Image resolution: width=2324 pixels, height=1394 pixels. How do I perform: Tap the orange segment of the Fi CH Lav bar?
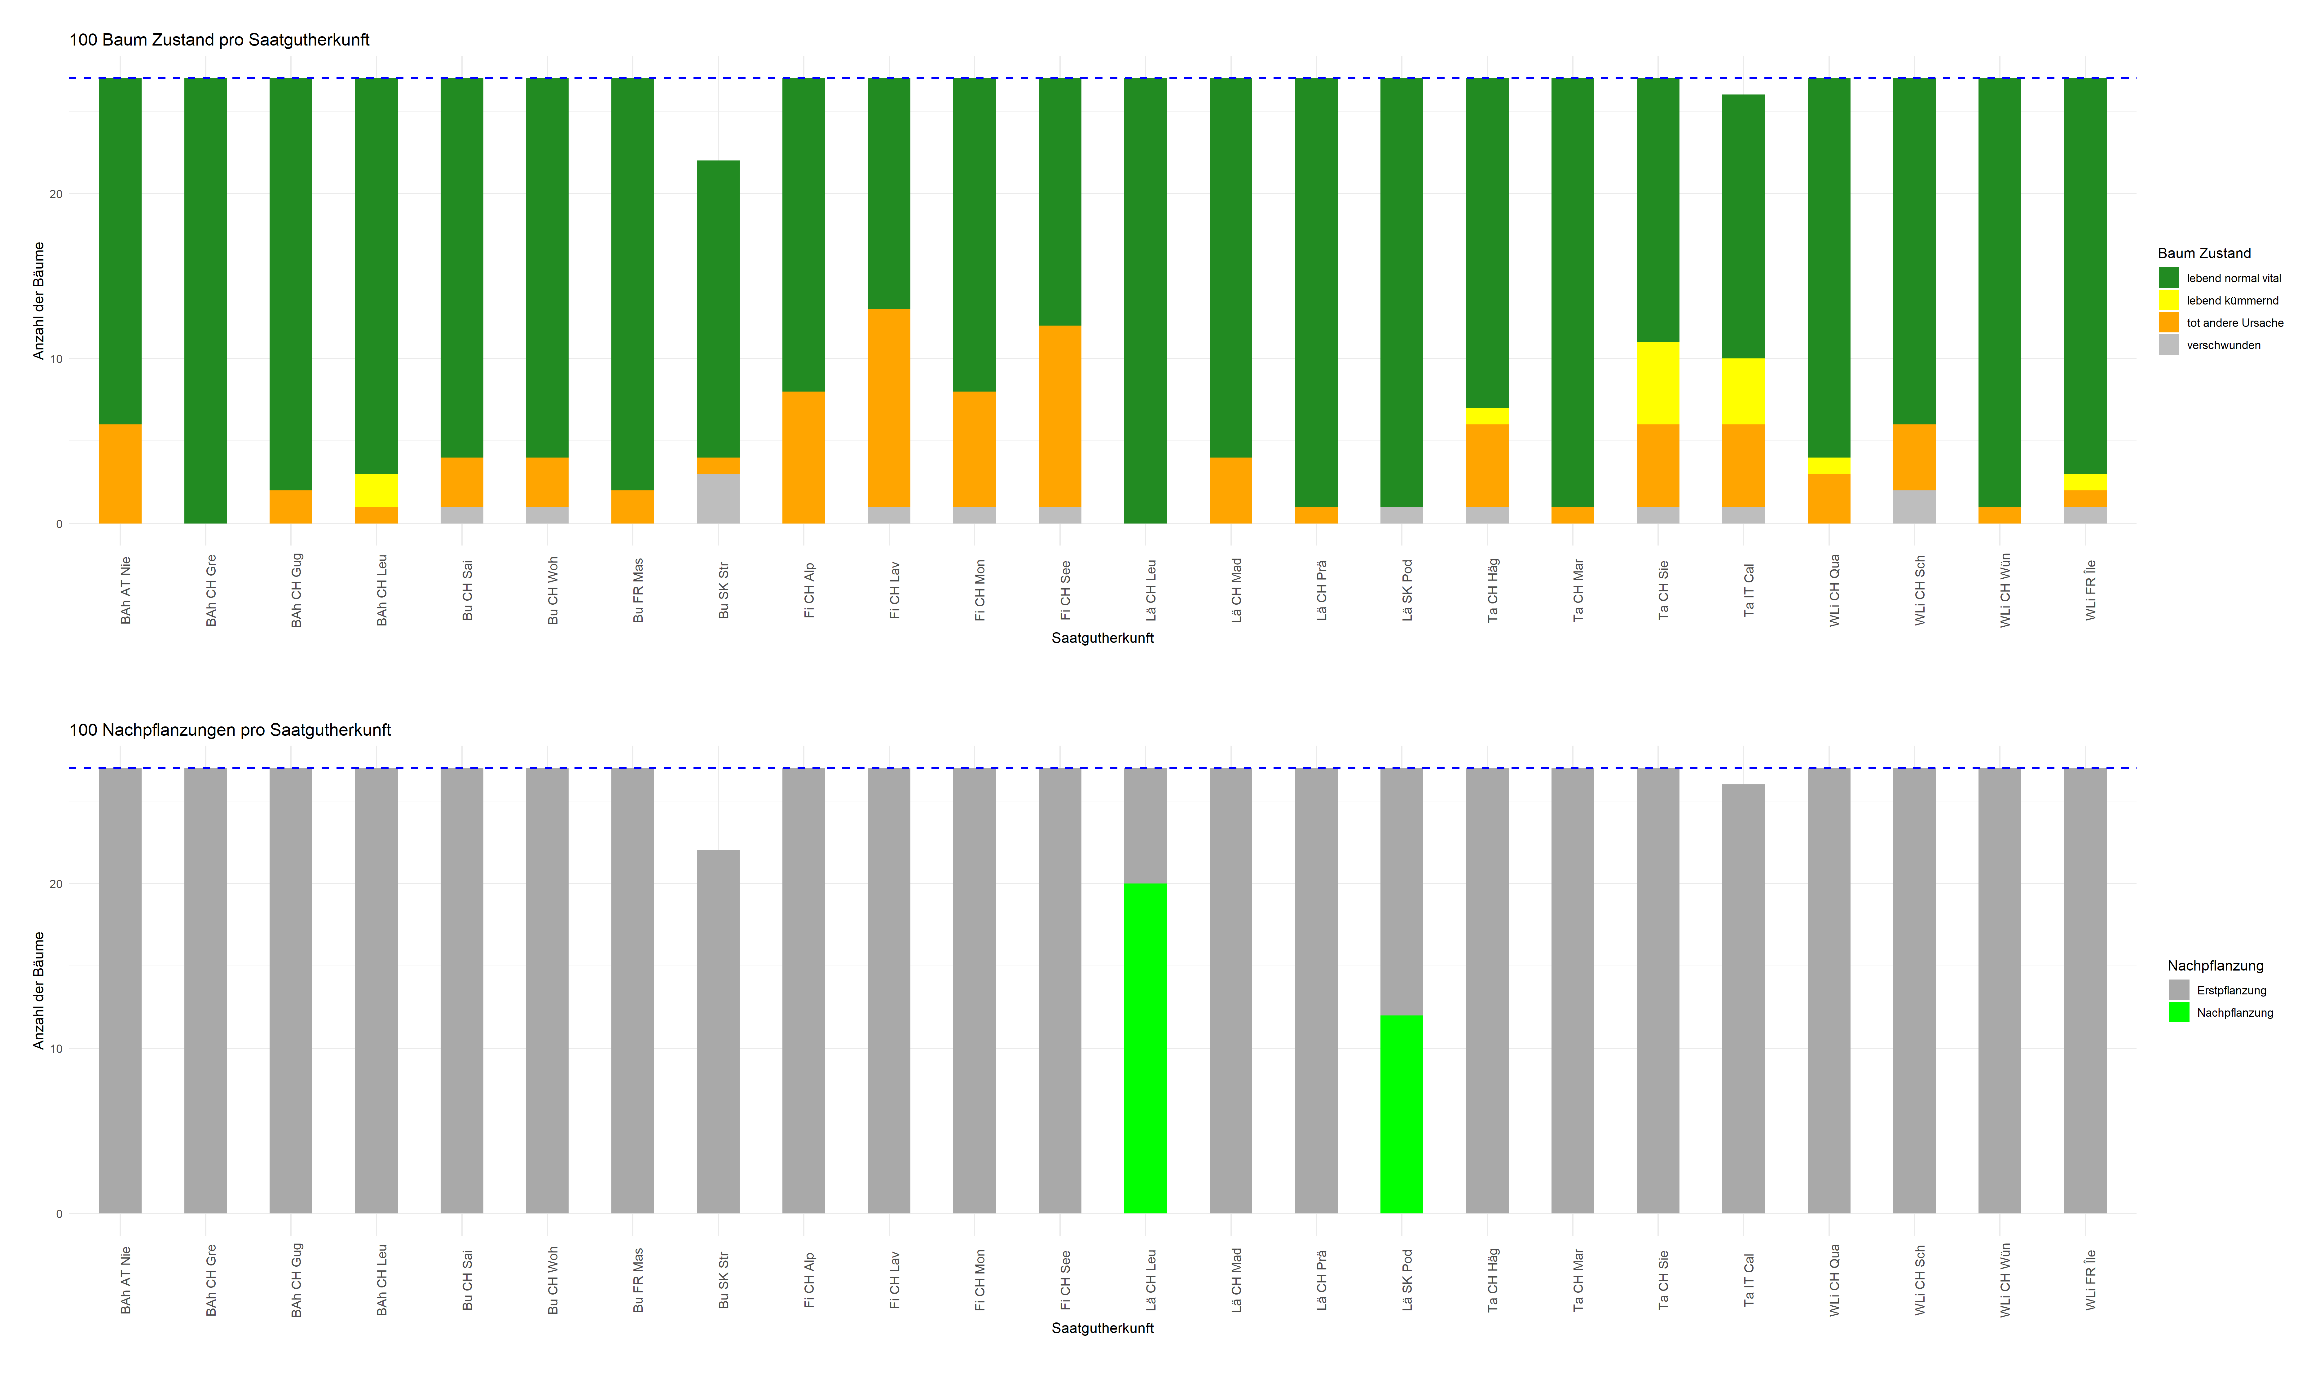click(889, 408)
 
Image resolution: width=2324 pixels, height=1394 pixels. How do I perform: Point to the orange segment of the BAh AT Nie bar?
click(120, 473)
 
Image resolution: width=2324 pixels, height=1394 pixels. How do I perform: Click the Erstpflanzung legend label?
click(2231, 990)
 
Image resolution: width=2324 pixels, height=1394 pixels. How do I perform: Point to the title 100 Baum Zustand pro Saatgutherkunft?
click(219, 39)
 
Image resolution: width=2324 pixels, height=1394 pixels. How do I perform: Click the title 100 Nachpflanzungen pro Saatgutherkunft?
click(230, 730)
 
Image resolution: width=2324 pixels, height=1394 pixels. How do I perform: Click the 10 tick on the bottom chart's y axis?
click(56, 1048)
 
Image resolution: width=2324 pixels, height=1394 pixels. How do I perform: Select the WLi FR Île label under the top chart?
click(2090, 590)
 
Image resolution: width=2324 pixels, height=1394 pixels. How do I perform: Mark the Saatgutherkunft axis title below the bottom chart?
click(1102, 1327)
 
